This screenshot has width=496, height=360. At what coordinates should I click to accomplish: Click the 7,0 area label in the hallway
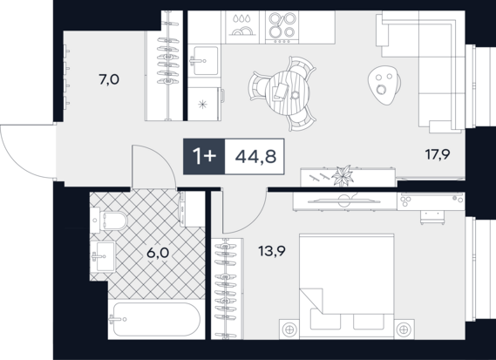tap(109, 79)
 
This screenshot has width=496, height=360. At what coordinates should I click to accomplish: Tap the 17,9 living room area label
tap(438, 154)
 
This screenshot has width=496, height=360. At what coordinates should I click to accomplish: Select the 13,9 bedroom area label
tap(272, 251)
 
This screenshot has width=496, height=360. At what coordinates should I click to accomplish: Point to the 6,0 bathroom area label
tap(158, 253)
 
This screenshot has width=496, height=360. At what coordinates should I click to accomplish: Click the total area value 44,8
tap(255, 156)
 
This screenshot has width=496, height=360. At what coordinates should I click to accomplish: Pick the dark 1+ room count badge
tap(204, 156)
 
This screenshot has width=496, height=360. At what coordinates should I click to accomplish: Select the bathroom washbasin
tap(103, 256)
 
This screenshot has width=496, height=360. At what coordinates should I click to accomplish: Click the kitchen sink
tap(204, 60)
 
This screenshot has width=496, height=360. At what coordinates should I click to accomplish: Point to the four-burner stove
tap(282, 27)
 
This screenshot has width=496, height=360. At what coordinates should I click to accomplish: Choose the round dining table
tap(287, 93)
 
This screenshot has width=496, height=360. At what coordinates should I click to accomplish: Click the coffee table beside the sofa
tap(384, 85)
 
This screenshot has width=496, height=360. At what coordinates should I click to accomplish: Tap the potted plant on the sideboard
tap(343, 176)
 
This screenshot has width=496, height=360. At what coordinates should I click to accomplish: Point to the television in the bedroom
tap(344, 200)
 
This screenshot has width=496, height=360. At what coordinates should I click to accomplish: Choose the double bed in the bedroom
tap(347, 286)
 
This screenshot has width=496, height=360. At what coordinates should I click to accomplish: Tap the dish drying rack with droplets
tap(242, 27)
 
